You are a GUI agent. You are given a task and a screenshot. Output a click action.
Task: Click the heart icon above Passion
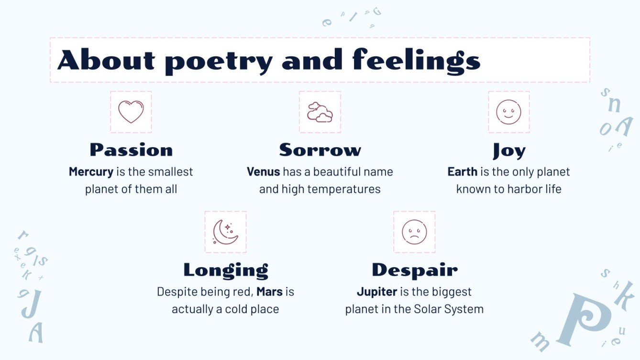131,112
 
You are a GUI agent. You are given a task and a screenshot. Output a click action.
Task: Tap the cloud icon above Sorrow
320,112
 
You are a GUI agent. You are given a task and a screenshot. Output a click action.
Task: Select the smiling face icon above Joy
508,112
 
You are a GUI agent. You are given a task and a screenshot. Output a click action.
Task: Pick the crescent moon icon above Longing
225,232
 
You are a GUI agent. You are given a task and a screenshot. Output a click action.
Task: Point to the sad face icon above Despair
414,232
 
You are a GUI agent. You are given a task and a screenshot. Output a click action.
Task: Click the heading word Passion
131,150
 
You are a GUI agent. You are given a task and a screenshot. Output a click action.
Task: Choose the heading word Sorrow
320,150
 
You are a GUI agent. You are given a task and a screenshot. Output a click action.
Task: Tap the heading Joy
509,151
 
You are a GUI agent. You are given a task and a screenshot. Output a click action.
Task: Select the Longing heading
226,270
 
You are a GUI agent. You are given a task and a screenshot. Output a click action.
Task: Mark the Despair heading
415,270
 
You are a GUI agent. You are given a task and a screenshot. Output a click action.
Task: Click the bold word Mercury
91,172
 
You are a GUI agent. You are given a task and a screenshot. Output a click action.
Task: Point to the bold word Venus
263,172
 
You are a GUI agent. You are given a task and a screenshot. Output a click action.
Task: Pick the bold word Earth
462,172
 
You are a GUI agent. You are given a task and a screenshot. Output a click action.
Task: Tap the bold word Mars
269,292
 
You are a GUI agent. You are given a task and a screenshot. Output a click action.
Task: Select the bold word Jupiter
377,292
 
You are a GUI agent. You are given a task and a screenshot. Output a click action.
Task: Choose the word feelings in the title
416,61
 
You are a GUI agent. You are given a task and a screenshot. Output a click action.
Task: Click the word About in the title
106,61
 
